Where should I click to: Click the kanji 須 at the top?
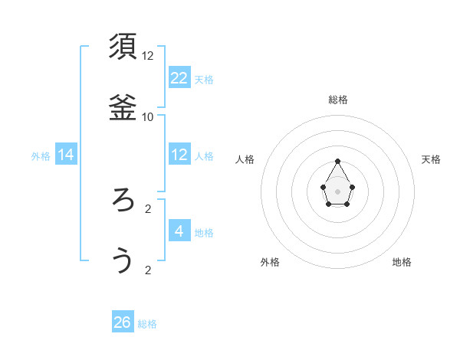coord(123,47)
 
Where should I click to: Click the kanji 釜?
coord(123,108)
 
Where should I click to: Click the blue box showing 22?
coord(179,77)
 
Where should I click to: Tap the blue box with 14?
coord(66,155)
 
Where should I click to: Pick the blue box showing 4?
coord(179,231)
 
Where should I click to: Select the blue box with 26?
coord(123,322)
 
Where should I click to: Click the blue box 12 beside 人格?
coord(179,155)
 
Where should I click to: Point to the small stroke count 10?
coord(148,117)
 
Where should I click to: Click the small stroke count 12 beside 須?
coord(148,56)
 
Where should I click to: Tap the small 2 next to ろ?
coord(148,208)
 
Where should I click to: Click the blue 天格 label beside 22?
coord(204,79)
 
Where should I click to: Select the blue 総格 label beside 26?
coord(147,324)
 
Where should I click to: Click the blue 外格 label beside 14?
coord(41,156)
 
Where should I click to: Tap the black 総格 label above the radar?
coord(338,100)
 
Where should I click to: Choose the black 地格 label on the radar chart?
coord(402,262)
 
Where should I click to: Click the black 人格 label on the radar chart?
coord(245,159)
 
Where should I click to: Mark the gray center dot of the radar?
coord(338,190)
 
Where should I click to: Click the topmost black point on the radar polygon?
coord(338,162)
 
